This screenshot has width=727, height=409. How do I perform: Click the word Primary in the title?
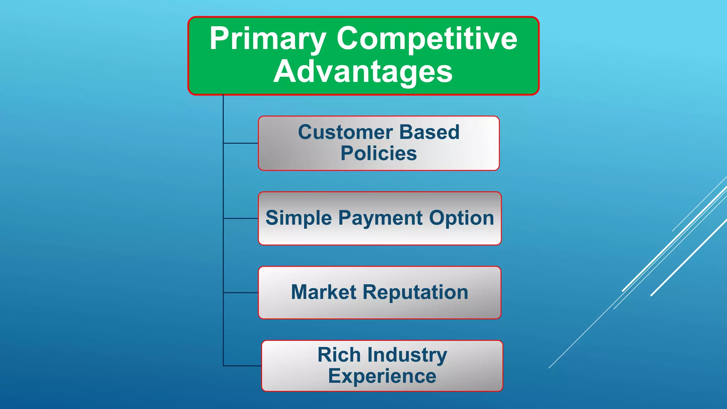(x=267, y=39)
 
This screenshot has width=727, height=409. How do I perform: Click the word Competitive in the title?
(x=427, y=39)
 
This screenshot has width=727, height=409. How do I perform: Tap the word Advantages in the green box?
(x=363, y=72)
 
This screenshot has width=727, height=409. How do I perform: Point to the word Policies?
(x=379, y=154)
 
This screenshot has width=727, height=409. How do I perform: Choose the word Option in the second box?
(x=461, y=218)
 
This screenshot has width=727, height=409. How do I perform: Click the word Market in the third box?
(x=323, y=293)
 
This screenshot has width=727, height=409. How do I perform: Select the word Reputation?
(x=415, y=293)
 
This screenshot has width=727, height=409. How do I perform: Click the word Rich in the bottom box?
(x=339, y=355)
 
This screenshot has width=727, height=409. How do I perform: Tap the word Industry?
(x=407, y=355)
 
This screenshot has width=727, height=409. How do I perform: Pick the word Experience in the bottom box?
(x=382, y=376)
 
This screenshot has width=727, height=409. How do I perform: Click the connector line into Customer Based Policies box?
(x=241, y=143)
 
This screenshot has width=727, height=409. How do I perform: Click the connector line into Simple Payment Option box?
(x=241, y=218)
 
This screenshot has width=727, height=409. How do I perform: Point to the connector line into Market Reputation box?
(x=241, y=293)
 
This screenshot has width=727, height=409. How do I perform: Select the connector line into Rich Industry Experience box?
(x=242, y=366)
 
